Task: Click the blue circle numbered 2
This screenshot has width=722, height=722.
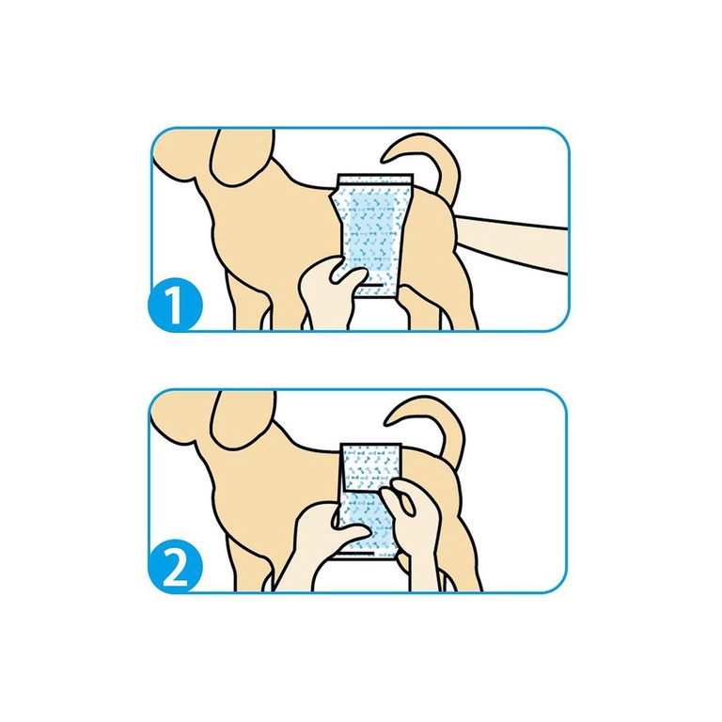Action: coord(175,566)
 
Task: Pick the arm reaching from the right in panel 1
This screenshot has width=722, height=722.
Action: coord(511,244)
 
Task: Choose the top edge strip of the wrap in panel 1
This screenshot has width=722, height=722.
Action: coord(374,178)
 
